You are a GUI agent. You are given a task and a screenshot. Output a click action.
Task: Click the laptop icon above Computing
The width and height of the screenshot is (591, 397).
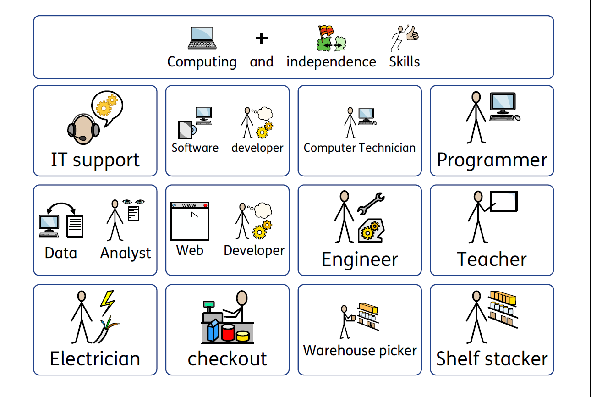tap(202, 38)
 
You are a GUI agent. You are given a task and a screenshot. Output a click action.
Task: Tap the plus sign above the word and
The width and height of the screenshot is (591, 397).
tap(262, 38)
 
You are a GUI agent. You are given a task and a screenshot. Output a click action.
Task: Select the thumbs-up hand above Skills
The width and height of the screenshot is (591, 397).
tap(413, 33)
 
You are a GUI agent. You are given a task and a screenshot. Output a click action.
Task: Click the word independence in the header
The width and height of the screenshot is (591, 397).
tap(331, 62)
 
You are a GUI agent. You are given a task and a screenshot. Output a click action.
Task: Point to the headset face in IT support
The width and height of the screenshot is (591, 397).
tap(83, 129)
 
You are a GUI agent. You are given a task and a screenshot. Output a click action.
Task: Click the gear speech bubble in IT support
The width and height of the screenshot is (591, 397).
tap(107, 107)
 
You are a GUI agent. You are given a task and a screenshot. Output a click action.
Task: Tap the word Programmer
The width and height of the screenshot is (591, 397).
tap(492, 160)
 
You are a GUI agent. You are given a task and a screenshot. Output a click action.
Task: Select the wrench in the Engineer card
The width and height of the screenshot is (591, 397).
tap(371, 203)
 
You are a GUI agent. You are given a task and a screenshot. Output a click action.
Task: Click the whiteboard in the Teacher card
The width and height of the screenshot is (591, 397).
tap(503, 201)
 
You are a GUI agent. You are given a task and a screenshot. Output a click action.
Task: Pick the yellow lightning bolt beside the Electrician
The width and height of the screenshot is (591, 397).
tap(107, 303)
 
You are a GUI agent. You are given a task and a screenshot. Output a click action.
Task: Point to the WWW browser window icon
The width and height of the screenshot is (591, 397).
tap(190, 221)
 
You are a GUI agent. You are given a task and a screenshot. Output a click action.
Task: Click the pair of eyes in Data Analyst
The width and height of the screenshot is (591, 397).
tap(133, 202)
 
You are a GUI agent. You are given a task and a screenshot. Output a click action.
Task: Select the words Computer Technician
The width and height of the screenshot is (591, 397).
tap(359, 148)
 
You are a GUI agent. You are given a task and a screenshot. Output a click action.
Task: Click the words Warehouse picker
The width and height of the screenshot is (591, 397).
tap(360, 351)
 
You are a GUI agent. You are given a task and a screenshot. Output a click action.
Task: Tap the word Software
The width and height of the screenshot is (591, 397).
tap(195, 148)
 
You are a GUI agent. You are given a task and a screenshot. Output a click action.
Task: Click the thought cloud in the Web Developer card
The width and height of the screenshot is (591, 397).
tap(263, 210)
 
